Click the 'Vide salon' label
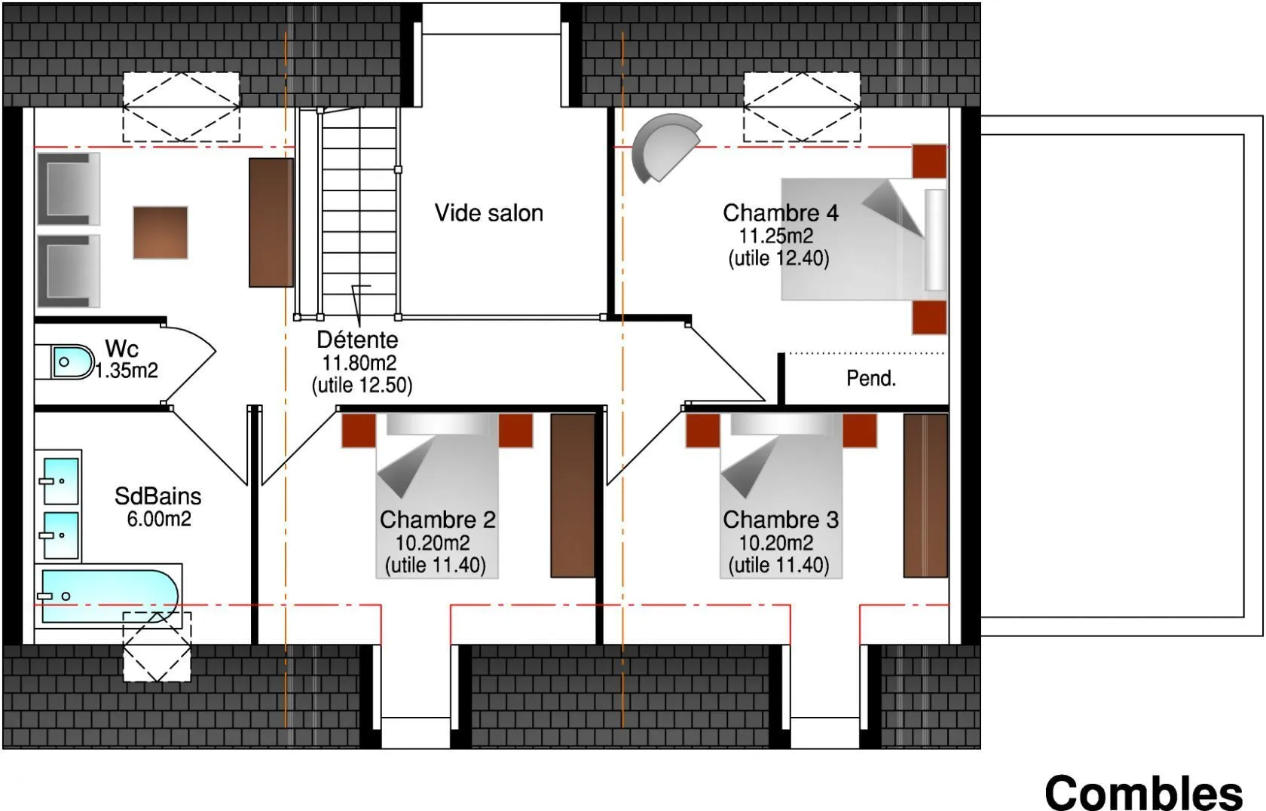click(489, 213)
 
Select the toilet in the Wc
click(72, 361)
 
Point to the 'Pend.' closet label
click(871, 378)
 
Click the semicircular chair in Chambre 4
click(665, 148)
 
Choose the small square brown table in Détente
click(161, 233)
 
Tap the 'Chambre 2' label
click(437, 520)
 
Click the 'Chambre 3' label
click(781, 520)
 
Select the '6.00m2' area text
click(159, 518)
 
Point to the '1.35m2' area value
click(126, 370)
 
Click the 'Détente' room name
click(357, 340)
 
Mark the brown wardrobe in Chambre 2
click(573, 495)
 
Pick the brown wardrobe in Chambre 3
click(925, 495)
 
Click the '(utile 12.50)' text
click(362, 386)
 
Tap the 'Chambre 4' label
click(781, 213)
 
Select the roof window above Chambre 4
click(802, 107)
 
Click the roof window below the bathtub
click(157, 647)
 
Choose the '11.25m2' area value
click(776, 236)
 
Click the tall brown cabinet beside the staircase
click(271, 223)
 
